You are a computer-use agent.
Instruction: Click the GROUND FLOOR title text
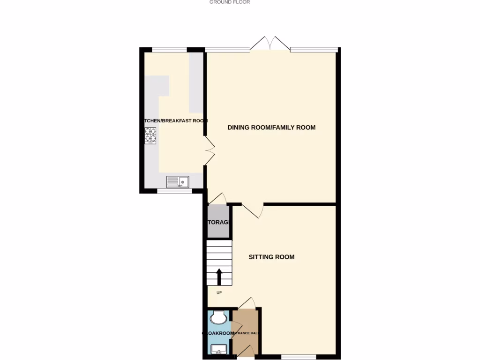tap(230, 2)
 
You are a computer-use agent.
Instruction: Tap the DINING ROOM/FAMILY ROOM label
tap(271, 127)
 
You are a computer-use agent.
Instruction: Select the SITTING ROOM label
tap(271, 257)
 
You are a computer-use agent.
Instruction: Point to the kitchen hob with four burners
tap(150, 135)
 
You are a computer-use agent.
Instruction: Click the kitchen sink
tap(178, 181)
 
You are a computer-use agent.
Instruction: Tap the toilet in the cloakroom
tap(217, 317)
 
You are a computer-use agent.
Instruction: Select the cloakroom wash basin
tap(218, 349)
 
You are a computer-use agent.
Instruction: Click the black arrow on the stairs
tap(219, 277)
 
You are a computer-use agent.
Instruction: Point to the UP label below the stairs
tap(219, 293)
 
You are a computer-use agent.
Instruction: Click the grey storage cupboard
tap(218, 222)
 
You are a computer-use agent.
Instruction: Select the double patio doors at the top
tap(270, 43)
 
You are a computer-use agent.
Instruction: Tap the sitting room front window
tap(299, 357)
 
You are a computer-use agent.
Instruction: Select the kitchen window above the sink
tap(174, 191)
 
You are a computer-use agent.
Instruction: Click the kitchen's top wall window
tap(169, 49)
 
